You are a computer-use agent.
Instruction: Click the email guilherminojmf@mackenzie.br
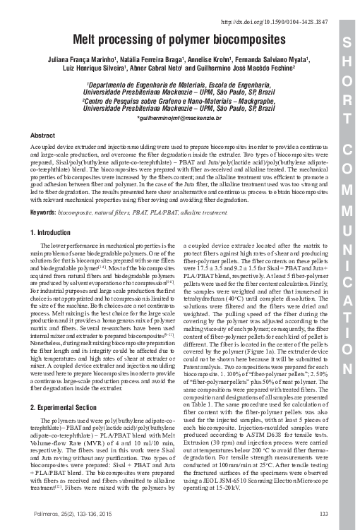[179, 118]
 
